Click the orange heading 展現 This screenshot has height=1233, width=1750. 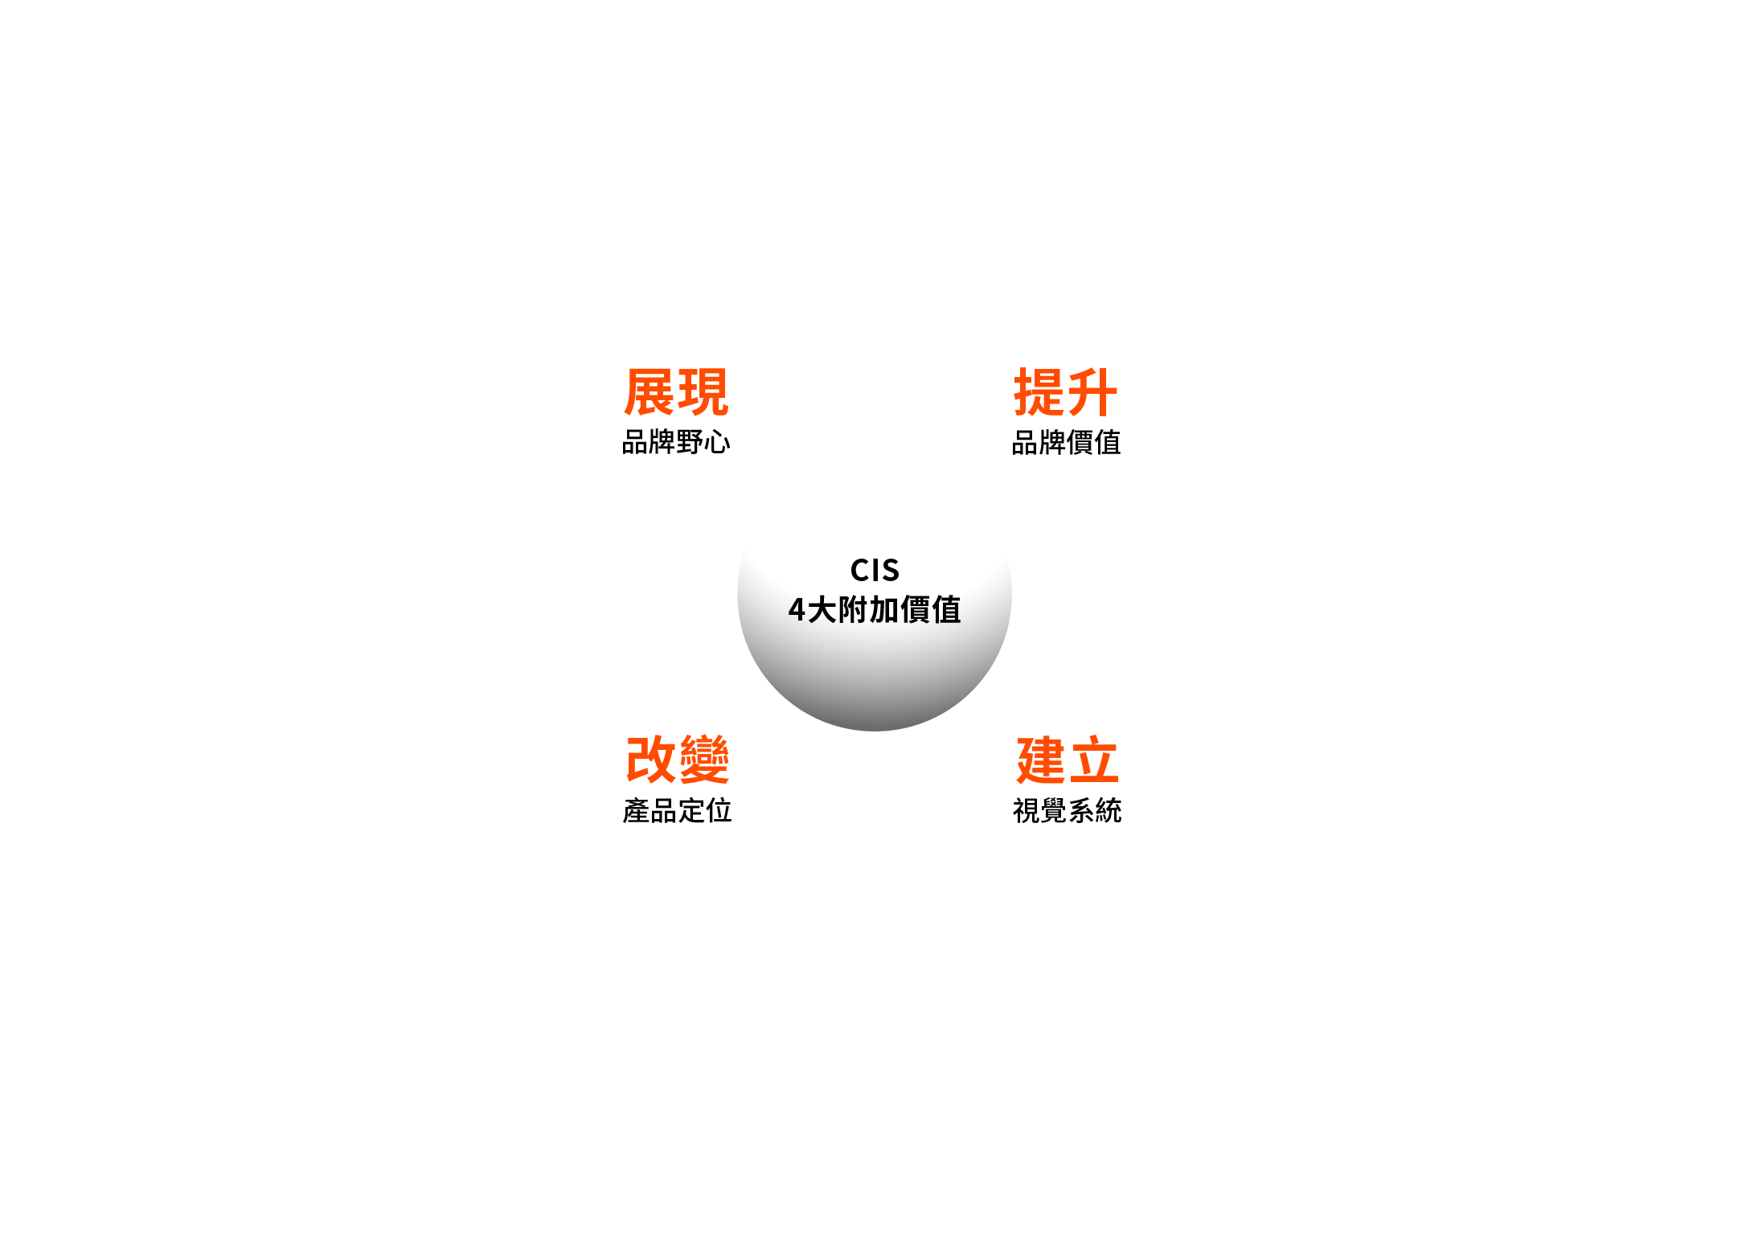pos(676,392)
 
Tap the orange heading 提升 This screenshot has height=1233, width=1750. pos(1066,392)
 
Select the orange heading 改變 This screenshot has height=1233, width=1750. pos(678,760)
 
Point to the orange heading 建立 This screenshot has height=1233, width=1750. pos(1068,760)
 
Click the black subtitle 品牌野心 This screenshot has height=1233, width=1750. pos(676,442)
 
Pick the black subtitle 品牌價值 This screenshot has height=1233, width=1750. pos(1066,442)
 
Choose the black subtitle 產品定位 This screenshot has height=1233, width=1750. pos(678,810)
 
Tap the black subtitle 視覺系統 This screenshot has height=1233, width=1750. pos(1068,810)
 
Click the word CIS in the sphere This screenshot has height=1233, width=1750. pos(875,571)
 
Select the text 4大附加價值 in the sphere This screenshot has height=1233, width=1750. pos(875,610)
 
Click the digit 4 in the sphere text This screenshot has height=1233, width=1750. pos(797,610)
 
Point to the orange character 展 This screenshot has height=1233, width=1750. pos(650,392)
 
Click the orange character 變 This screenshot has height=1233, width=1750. pos(704,760)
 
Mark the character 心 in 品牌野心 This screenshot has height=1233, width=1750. pos(718,442)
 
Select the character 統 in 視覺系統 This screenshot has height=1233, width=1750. pos(1109,810)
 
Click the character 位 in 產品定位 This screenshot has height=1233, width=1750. pos(719,810)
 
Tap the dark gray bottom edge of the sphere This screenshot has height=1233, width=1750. pos(875,727)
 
